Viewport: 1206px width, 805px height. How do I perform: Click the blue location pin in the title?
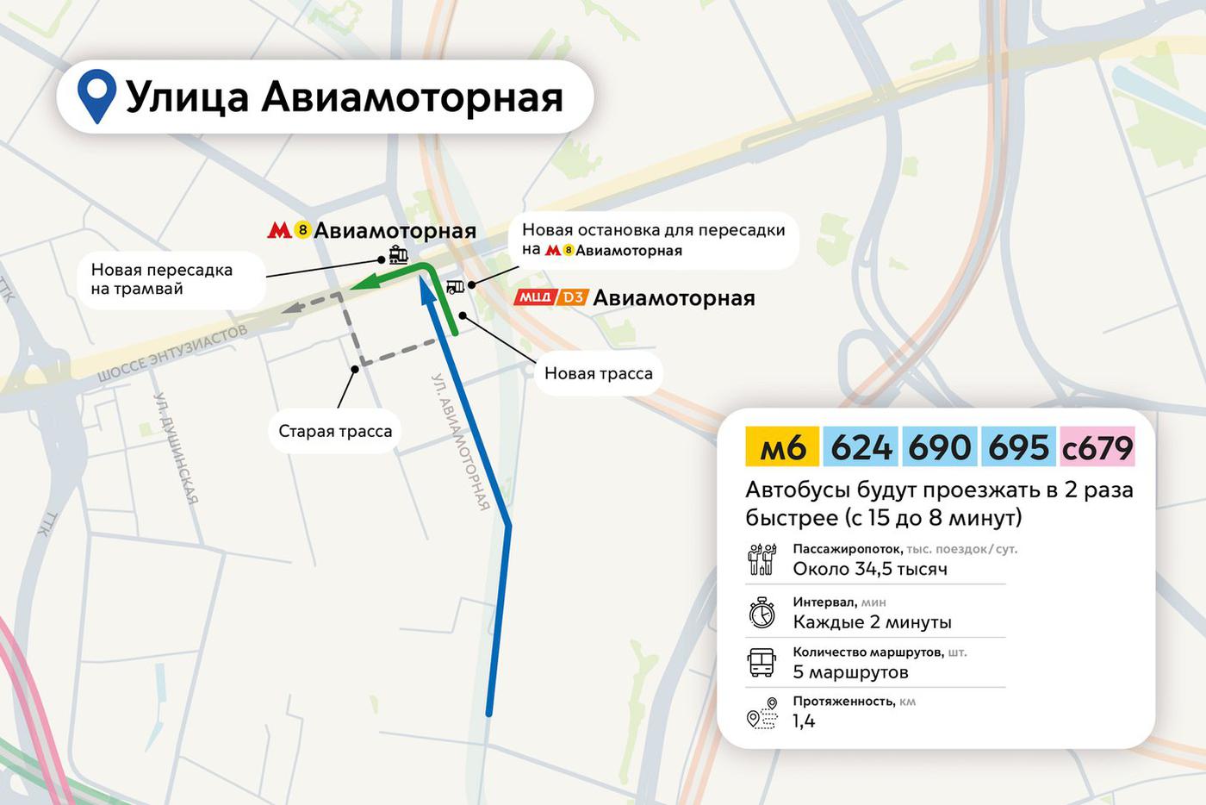tap(96, 93)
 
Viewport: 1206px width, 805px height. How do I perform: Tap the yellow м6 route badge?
tap(782, 447)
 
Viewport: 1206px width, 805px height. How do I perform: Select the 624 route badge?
tap(861, 447)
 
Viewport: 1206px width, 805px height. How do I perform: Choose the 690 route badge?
tap(939, 447)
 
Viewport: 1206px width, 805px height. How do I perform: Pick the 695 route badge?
tap(1018, 447)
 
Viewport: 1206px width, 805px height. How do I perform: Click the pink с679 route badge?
tap(1097, 447)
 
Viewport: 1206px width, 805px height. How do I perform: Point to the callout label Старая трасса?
tap(335, 431)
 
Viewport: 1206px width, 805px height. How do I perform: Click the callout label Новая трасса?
tap(598, 373)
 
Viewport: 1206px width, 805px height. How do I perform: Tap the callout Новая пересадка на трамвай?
tap(162, 279)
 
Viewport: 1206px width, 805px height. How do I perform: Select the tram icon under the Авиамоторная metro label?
tap(398, 254)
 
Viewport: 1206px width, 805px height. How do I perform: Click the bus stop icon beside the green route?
tap(455, 286)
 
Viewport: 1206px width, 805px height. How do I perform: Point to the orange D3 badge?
tap(573, 297)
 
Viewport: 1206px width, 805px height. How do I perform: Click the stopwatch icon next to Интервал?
tap(762, 613)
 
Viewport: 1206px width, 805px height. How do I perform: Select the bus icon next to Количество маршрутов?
tap(762, 663)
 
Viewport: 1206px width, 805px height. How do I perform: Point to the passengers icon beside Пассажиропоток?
tap(762, 559)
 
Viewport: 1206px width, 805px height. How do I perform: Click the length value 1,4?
tap(804, 721)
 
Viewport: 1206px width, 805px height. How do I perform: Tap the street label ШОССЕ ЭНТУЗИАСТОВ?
tap(172, 353)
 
